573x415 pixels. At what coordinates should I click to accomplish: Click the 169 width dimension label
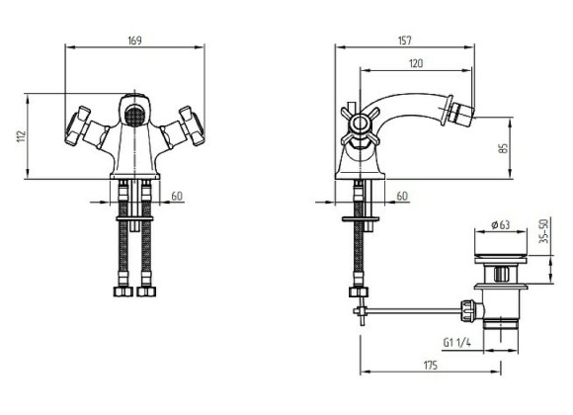[134, 41]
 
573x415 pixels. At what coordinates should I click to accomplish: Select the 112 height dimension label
[22, 136]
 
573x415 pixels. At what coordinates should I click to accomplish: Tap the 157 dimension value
[404, 41]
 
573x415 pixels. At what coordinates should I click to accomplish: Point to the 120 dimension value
[416, 63]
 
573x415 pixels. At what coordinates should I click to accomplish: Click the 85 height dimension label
[504, 148]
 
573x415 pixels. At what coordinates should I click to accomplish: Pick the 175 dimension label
[430, 365]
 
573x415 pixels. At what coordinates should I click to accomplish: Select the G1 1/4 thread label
[456, 342]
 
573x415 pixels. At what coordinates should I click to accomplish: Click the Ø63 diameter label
[501, 224]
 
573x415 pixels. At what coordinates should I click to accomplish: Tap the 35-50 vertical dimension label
[544, 231]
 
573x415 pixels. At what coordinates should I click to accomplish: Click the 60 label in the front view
[177, 196]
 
